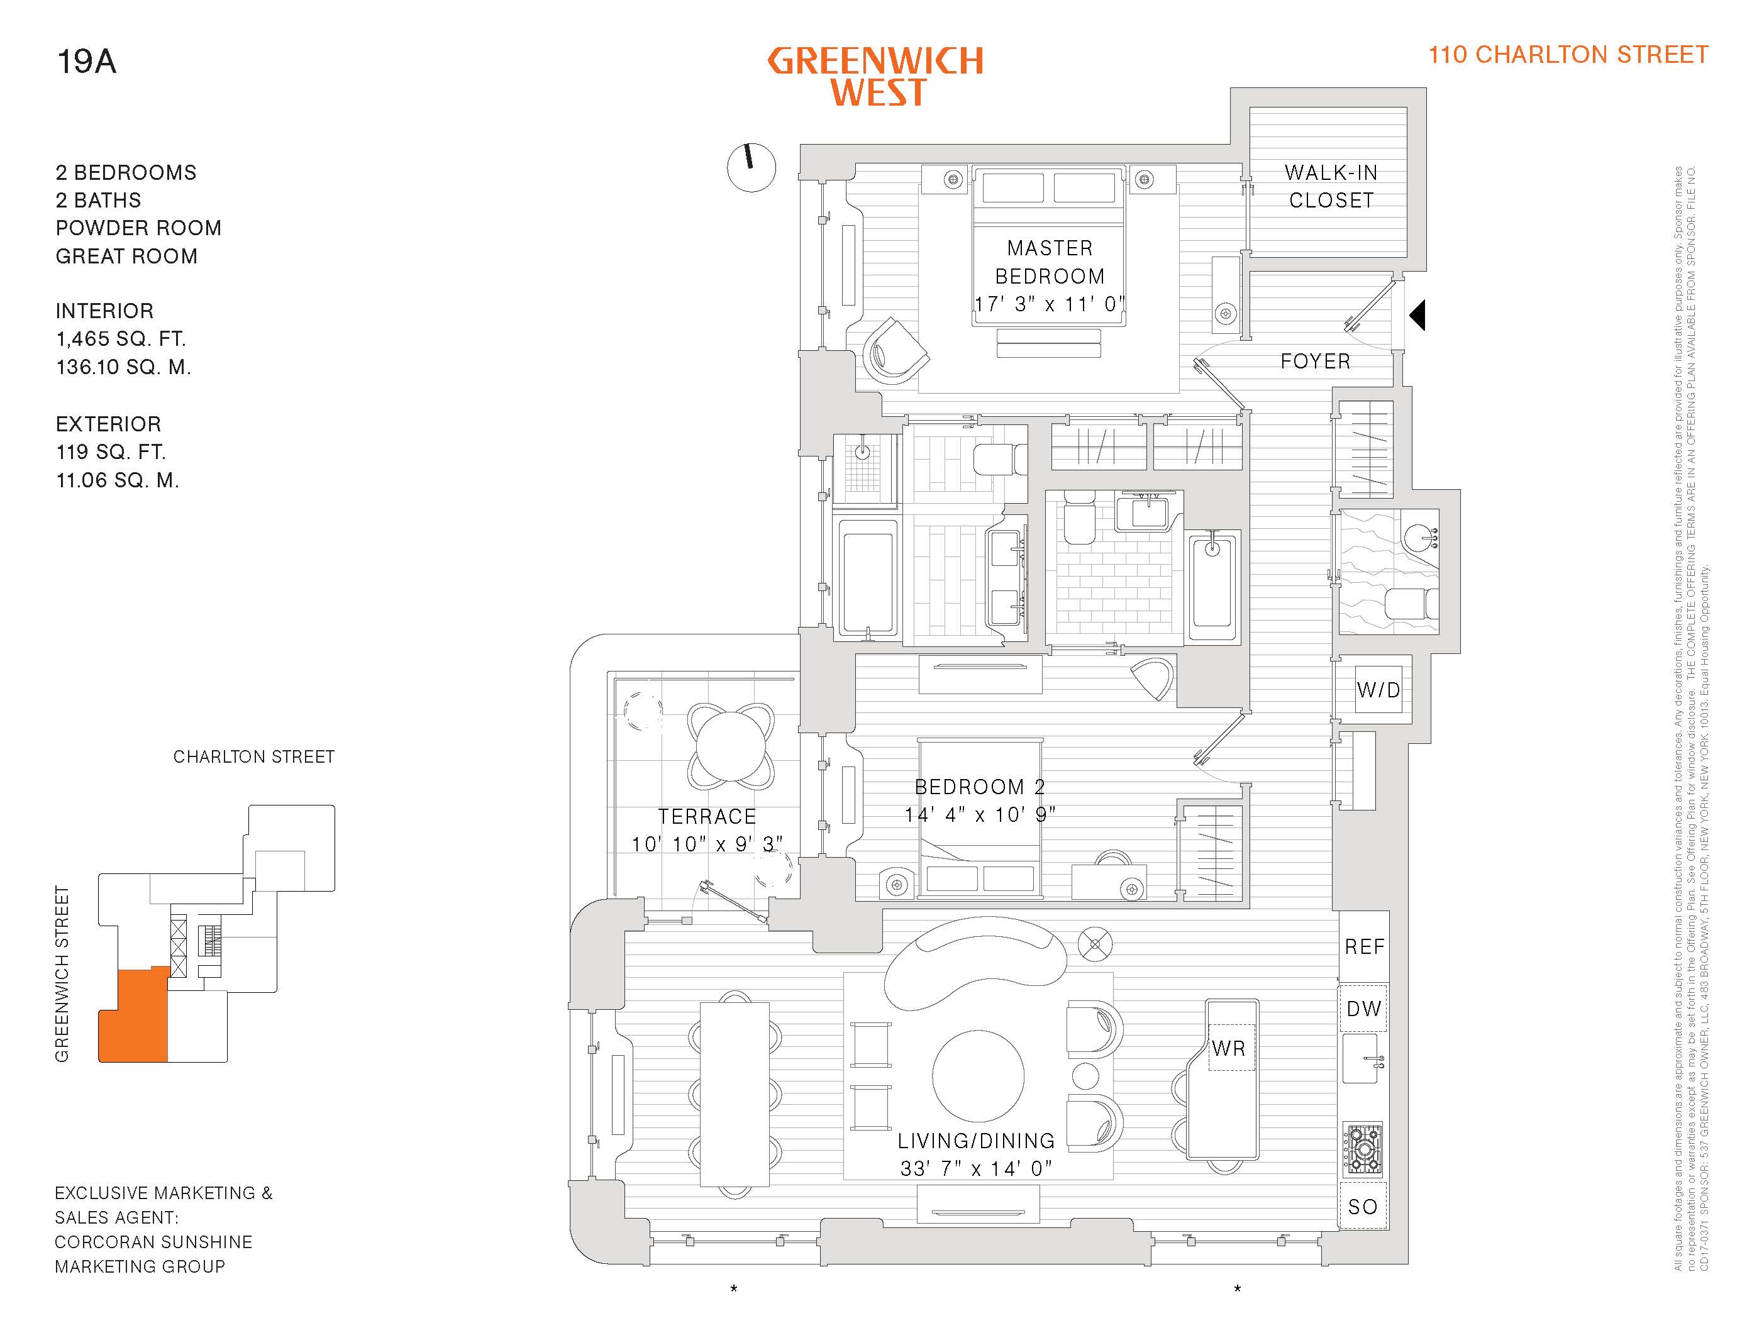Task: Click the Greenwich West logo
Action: coord(876,77)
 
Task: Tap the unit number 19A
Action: coord(86,62)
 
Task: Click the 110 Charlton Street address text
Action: coord(1568,55)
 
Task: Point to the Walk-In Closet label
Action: coord(1331,187)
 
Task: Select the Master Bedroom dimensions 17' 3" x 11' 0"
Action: coord(1049,304)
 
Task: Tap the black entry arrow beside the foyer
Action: coord(1417,314)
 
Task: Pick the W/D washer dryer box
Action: coord(1378,690)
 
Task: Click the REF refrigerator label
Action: coord(1365,946)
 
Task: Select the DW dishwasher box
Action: coord(1363,1009)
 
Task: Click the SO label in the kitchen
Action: coord(1363,1207)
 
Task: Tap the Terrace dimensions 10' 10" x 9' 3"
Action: coord(707,844)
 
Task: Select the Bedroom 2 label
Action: coord(979,787)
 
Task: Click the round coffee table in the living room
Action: coord(978,1076)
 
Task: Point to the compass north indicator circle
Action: coord(751,168)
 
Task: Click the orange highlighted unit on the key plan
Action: coord(133,1020)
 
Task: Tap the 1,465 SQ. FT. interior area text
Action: coord(121,339)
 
